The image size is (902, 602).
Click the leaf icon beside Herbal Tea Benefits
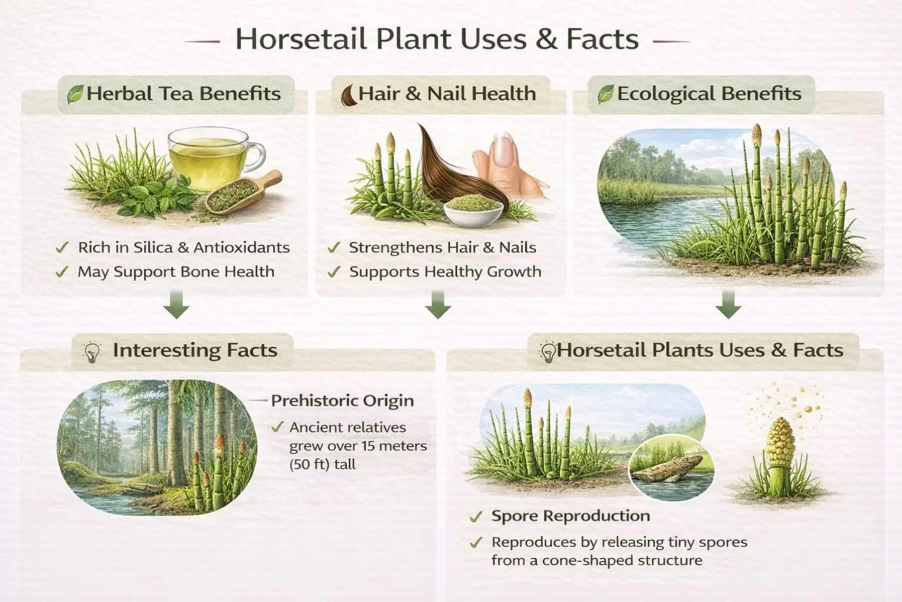[x=75, y=94]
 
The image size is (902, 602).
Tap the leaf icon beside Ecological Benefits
[x=605, y=94]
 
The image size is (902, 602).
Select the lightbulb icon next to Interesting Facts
[x=92, y=352]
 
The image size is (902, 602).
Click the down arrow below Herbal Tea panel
[x=177, y=307]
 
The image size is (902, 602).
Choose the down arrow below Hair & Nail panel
[x=438, y=307]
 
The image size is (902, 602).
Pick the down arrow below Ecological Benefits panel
[x=728, y=307]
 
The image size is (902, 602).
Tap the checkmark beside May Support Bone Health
[x=62, y=272]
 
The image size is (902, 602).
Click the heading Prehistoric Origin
[x=342, y=401]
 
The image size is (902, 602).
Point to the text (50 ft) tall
[x=322, y=464]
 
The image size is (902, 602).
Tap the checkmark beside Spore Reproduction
[x=476, y=517]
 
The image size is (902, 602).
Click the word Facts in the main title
[x=602, y=39]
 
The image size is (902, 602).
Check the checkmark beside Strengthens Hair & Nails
[x=334, y=248]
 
